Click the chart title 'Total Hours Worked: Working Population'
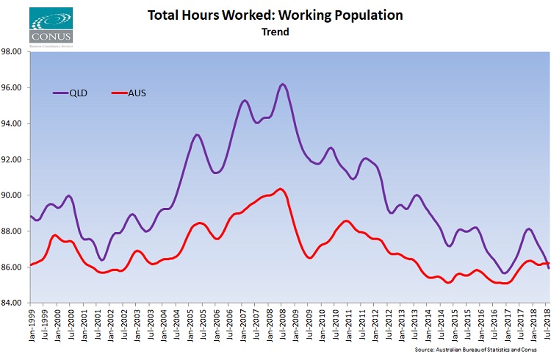275,15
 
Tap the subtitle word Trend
275,32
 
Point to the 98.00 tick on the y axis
14,52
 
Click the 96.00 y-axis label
14,88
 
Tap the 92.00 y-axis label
14,159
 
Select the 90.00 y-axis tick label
14,195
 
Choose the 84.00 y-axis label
14,303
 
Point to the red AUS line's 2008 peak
280,190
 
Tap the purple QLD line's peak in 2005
197,135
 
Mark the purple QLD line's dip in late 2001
102,260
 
